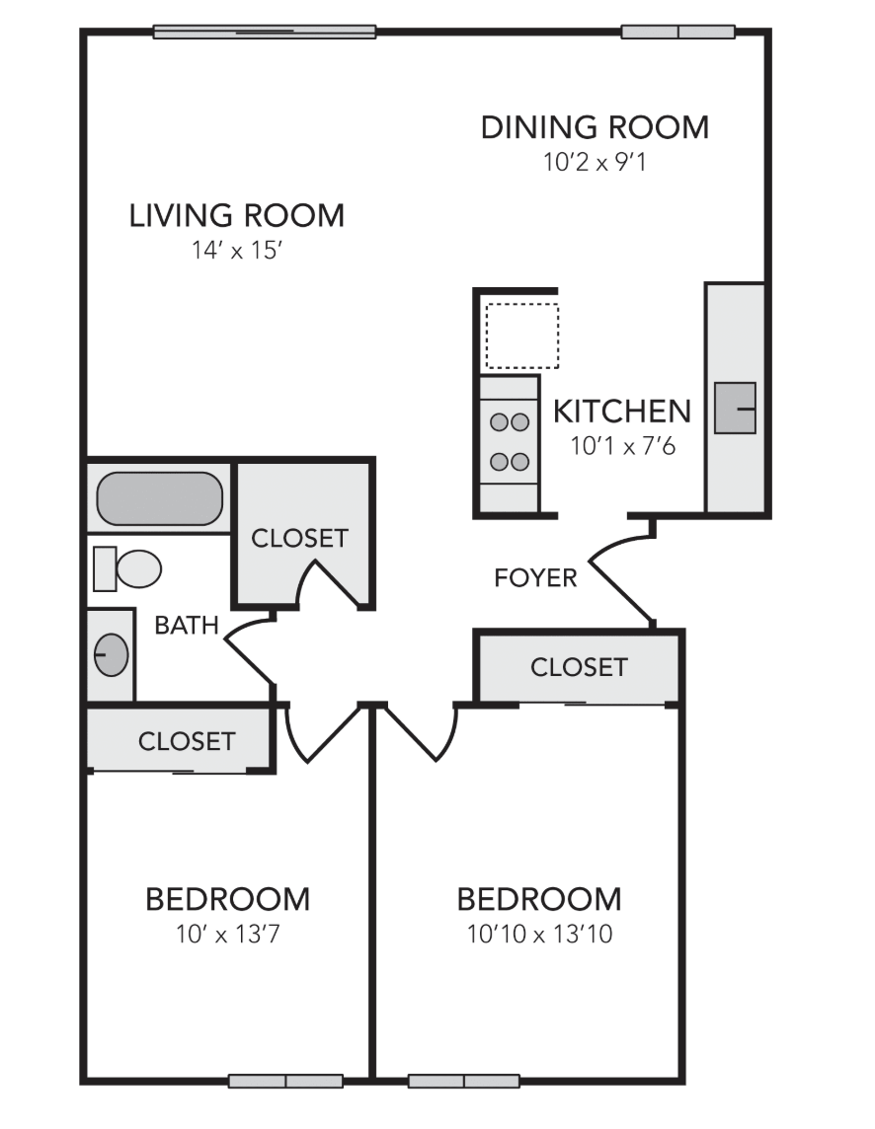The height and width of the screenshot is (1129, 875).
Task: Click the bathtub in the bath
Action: pos(160,498)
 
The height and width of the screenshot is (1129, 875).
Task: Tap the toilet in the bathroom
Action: pos(126,568)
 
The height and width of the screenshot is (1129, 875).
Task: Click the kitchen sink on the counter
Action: pos(735,408)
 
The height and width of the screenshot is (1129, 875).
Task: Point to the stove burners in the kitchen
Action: pos(510,441)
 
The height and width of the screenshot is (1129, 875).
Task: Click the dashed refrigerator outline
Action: pos(521,337)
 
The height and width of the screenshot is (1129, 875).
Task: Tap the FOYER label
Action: pos(535,577)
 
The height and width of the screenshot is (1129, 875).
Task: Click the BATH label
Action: pos(187,625)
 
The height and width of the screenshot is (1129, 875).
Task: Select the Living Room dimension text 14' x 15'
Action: pos(236,251)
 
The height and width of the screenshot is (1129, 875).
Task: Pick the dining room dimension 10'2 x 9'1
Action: pos(595,162)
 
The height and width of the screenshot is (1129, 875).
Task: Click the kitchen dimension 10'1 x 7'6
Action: pos(623,446)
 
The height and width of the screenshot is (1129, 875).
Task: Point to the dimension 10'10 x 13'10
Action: pos(540,934)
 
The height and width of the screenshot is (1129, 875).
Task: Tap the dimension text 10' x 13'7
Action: pos(228,934)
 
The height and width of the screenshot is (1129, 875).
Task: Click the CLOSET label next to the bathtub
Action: pos(300,538)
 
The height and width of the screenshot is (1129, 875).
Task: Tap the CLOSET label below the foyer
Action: pos(579,667)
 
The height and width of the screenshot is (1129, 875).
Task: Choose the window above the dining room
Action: pos(678,32)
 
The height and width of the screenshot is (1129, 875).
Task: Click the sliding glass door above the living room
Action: pos(265,32)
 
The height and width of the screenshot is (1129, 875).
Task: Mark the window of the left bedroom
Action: pos(285,1082)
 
